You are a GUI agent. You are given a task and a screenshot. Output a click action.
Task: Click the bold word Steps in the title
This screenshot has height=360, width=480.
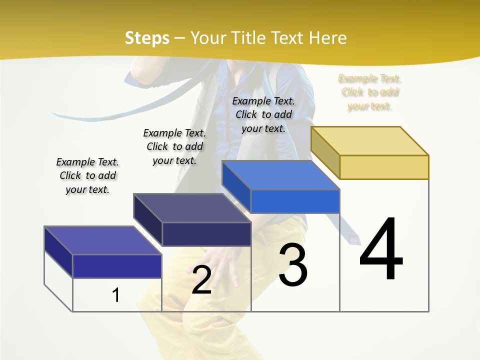coord(147,38)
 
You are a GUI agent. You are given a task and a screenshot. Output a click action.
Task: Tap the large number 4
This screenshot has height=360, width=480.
coord(381,249)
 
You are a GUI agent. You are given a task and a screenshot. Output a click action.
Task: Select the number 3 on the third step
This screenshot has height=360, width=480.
coord(293,265)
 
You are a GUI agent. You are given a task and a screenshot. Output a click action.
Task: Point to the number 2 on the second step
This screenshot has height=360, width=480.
coord(201,280)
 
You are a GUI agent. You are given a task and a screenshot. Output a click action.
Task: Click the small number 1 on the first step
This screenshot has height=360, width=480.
coord(116,295)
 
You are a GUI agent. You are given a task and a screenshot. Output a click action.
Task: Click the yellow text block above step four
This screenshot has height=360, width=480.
coord(370,92)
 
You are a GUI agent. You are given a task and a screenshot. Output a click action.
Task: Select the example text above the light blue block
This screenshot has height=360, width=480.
coord(263,114)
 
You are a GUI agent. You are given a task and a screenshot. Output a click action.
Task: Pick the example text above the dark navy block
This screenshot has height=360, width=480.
coord(174,146)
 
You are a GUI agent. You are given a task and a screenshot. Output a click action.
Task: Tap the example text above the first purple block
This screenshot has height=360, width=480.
coord(87,175)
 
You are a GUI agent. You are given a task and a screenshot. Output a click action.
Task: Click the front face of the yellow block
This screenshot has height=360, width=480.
coord(384,167)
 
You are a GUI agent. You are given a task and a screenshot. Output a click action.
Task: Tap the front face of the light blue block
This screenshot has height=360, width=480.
coord(295,201)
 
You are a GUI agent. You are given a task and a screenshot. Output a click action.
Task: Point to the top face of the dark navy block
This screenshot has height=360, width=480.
coord(192,208)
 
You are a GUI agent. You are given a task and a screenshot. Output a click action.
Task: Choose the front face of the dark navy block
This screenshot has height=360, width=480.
coord(206,234)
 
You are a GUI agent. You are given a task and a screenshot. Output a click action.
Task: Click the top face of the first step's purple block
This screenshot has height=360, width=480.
coord(103,240)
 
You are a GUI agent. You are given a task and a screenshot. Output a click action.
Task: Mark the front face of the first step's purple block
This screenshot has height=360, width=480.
coord(117,266)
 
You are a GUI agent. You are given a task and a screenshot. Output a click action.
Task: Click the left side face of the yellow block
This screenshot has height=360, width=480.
coord(325,152)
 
